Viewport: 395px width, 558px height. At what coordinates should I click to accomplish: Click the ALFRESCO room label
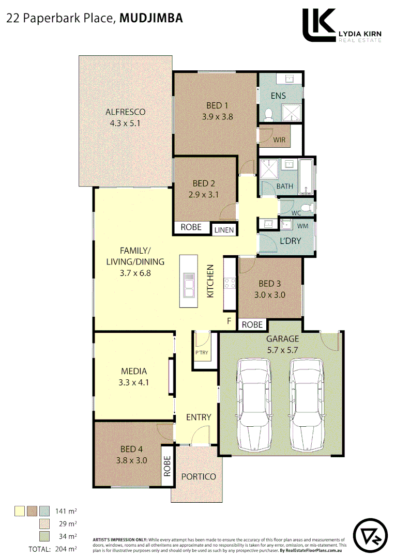coord(125,112)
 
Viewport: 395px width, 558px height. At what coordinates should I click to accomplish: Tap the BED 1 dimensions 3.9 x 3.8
coord(217,117)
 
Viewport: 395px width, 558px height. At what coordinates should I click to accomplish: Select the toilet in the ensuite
coord(268,114)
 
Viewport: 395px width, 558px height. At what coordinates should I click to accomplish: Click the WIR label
coord(279,139)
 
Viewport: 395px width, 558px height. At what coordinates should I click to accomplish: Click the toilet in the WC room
coord(307,207)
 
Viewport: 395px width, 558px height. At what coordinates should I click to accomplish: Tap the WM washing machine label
coord(302,226)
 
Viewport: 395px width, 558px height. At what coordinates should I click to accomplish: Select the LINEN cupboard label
coord(224,229)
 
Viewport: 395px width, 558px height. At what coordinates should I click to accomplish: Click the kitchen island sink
coord(189,285)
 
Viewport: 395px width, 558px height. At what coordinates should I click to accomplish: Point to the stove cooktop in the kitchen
coord(230,284)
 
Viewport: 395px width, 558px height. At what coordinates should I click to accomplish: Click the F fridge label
coord(229,321)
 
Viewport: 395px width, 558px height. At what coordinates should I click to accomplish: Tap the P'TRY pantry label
coord(201,353)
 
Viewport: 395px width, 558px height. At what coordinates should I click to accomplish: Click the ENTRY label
coord(199,417)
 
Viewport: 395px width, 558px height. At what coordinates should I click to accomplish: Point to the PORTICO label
coord(199,476)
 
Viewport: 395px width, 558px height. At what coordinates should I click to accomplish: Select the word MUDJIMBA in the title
coord(150,19)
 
